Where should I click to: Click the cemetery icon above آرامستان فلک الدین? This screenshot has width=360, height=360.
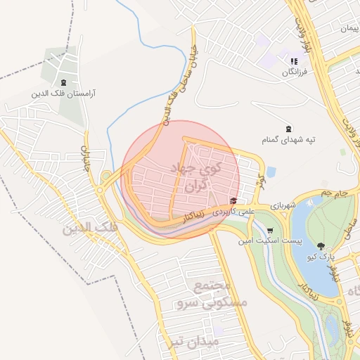point(64,82)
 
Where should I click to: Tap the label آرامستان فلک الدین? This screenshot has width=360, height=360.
point(64,92)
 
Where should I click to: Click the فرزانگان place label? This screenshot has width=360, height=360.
point(290,72)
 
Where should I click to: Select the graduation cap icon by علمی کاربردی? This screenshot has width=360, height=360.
point(233,201)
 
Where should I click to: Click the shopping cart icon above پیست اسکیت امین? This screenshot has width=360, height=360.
point(270,230)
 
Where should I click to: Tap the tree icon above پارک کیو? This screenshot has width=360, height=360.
point(321,246)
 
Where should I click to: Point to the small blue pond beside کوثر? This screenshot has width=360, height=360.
point(271,172)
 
